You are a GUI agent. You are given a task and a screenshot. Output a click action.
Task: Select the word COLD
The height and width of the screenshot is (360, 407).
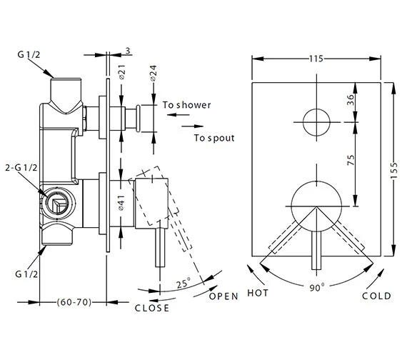tap(377, 296)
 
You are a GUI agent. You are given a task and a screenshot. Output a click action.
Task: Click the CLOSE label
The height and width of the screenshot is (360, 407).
tap(152, 308)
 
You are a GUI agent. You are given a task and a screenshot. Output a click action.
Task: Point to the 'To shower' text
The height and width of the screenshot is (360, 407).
tap(187, 105)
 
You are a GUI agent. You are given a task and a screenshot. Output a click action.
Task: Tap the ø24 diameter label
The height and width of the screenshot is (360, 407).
tap(152, 74)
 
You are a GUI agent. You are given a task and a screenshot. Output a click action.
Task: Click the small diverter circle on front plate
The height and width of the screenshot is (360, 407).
tap(316, 121)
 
